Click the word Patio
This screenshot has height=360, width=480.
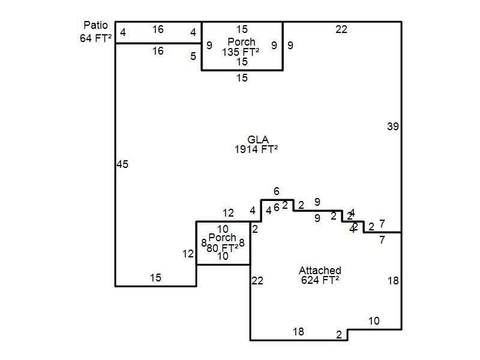pyautogui.click(x=96, y=25)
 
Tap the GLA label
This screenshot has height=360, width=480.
pyautogui.click(x=257, y=140)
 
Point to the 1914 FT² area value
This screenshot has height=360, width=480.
pyautogui.click(x=256, y=150)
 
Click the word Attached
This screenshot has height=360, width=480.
pyautogui.click(x=320, y=271)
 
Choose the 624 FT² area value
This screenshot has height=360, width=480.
pyautogui.click(x=320, y=280)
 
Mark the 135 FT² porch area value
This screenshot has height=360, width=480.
pyautogui.click(x=241, y=52)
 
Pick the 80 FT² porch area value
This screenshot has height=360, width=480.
pyautogui.click(x=222, y=247)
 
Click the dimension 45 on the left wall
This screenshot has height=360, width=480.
pyautogui.click(x=122, y=164)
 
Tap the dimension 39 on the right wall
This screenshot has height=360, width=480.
pyautogui.click(x=393, y=126)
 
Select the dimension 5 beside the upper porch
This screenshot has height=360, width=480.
pyautogui.click(x=193, y=56)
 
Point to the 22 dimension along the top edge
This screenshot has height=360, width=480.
pyautogui.click(x=341, y=29)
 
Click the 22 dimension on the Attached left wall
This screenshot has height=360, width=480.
pyautogui.click(x=257, y=280)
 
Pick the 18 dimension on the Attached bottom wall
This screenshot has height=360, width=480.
pyautogui.click(x=298, y=332)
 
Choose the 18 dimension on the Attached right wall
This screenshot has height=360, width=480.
pyautogui.click(x=393, y=281)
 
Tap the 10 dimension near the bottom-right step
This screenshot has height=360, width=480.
pyautogui.click(x=374, y=321)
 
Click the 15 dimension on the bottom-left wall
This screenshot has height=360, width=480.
pyautogui.click(x=155, y=278)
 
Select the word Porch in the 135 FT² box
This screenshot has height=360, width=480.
pyautogui.click(x=241, y=42)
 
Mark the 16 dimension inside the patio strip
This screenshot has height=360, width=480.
pyautogui.click(x=158, y=29)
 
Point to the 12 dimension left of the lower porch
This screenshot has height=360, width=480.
pyautogui.click(x=188, y=254)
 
